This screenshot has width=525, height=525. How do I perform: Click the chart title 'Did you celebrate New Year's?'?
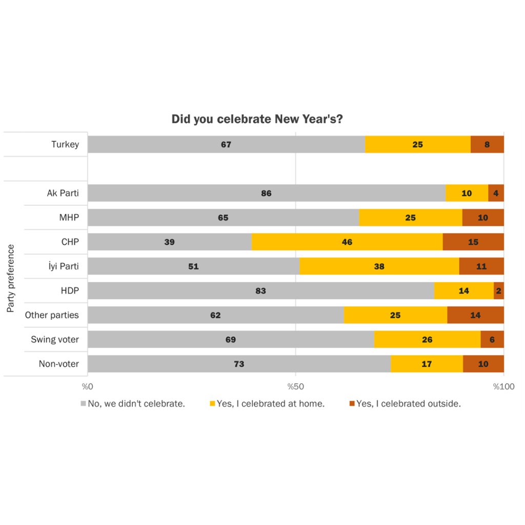(257, 119)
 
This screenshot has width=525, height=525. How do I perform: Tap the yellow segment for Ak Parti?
(467, 193)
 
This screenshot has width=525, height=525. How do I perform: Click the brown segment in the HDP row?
(498, 291)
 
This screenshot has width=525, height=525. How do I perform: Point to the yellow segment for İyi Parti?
(379, 266)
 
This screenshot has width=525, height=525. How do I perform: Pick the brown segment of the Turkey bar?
(487, 145)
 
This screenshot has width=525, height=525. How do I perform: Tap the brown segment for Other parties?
(475, 315)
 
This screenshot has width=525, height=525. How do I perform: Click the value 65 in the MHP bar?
(223, 217)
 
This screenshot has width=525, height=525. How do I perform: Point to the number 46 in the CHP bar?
(347, 242)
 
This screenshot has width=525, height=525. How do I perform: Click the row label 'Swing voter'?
(55, 339)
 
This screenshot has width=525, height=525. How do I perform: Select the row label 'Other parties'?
(52, 315)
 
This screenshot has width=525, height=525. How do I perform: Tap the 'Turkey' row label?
(65, 145)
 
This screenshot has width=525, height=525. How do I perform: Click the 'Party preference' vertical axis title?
(11, 278)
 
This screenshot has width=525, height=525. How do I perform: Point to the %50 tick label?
(295, 387)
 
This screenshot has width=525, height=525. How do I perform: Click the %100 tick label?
(503, 387)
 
